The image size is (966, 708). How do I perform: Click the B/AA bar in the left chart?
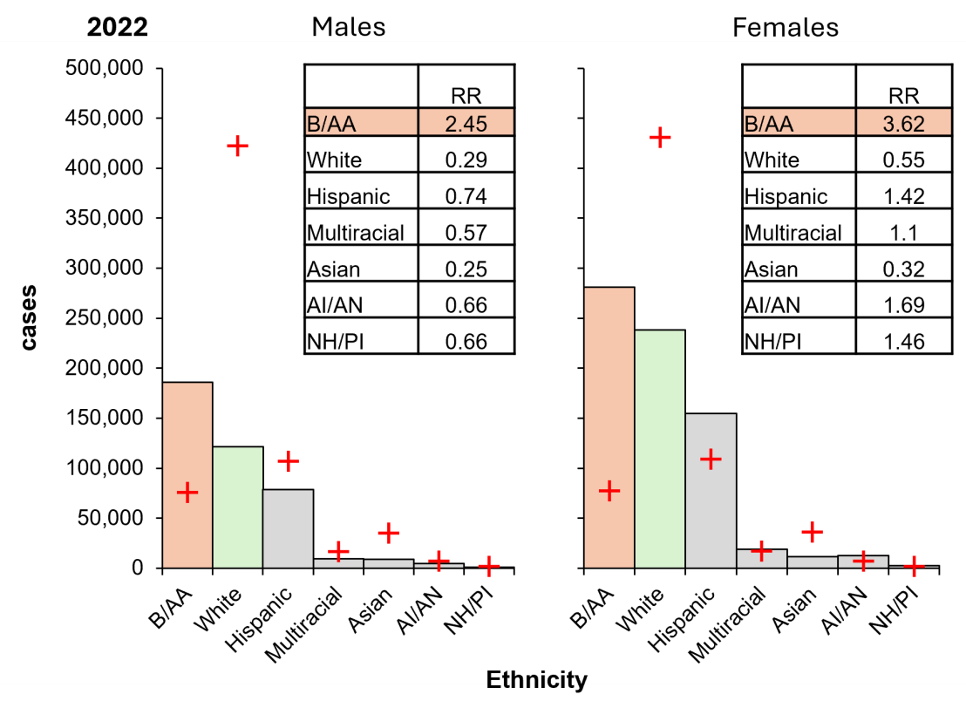[x=187, y=436]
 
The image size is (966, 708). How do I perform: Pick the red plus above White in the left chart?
[x=237, y=146]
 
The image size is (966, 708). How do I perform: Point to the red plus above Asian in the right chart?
[x=813, y=531]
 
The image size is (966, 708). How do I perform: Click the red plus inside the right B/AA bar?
[x=609, y=490]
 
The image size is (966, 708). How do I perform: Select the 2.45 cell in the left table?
[x=466, y=123]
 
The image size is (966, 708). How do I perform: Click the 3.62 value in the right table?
[x=903, y=123]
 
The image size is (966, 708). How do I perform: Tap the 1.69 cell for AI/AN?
[x=903, y=304]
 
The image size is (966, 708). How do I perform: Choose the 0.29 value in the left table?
[x=466, y=160]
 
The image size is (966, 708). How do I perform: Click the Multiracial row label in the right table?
[x=793, y=233]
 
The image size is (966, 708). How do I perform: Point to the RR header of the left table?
[x=466, y=95]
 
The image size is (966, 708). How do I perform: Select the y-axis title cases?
[x=29, y=317]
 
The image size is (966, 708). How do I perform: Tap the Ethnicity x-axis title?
[x=536, y=678]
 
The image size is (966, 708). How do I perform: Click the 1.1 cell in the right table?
[x=903, y=233]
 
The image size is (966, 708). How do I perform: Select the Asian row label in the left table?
[x=334, y=269]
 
